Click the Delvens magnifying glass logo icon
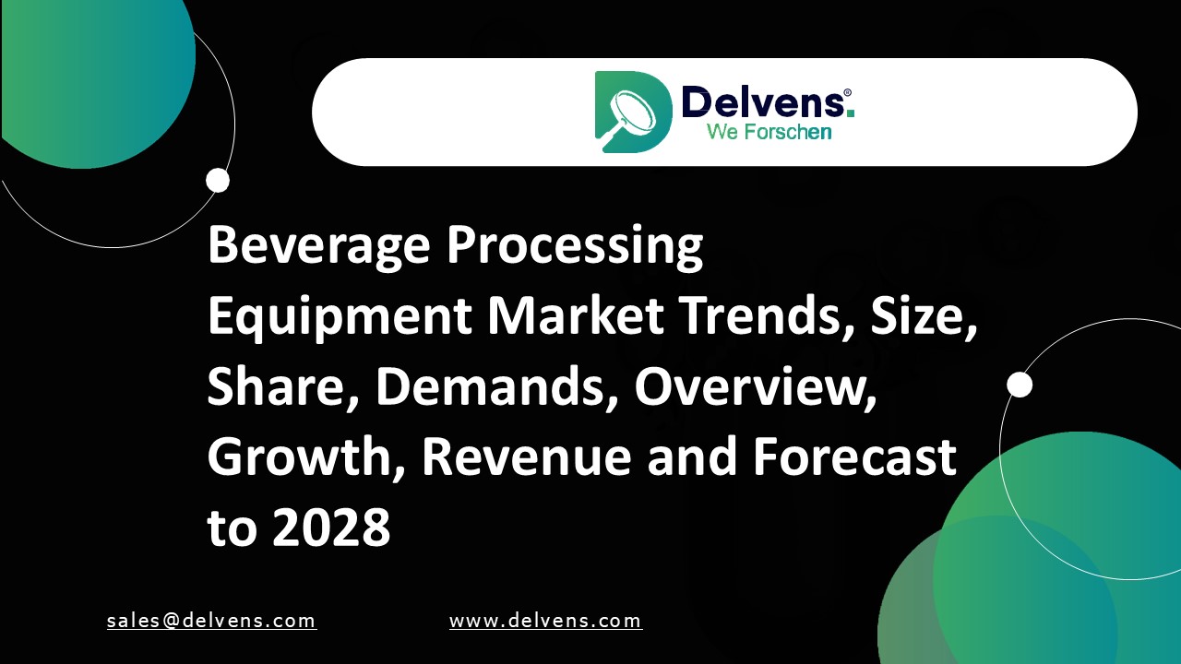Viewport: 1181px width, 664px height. pos(633,112)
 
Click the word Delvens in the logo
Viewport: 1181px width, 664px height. pos(761,101)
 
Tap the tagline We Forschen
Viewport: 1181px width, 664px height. pos(769,132)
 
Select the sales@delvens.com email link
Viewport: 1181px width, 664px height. pos(211,621)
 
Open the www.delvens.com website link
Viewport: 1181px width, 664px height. pos(545,621)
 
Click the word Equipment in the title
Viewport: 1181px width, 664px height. pos(340,318)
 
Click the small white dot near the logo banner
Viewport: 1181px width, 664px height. pos(218,180)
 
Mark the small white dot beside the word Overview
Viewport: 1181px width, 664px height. pos(1020,385)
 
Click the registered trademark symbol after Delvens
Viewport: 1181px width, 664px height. pos(847,93)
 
